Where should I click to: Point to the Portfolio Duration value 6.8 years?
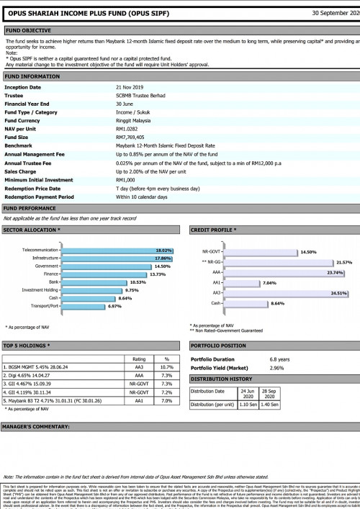(280, 359)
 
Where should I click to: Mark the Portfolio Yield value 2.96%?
(278, 368)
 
